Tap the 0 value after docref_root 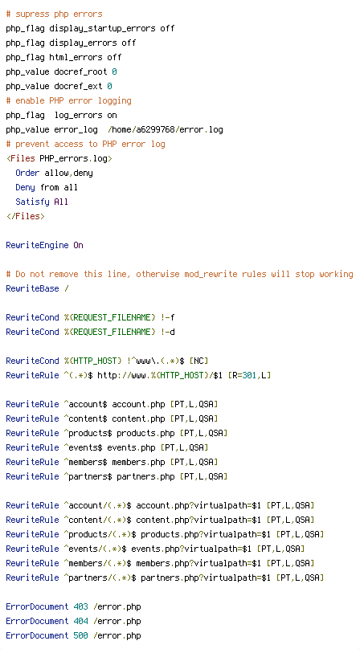click(x=114, y=72)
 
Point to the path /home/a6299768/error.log click(x=166, y=130)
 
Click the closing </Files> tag click(x=25, y=217)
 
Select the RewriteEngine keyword click(x=37, y=246)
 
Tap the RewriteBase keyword click(x=32, y=289)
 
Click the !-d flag click(x=167, y=333)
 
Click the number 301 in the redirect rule click(x=250, y=376)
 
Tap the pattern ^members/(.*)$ click(x=97, y=563)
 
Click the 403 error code click(x=81, y=607)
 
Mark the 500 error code click(x=81, y=636)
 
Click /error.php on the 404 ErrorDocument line click(x=117, y=622)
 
